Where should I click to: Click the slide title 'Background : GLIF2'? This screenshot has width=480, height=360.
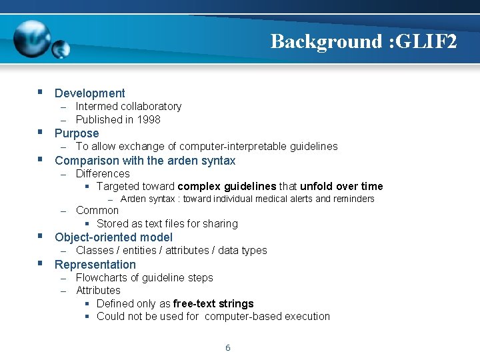[x=364, y=41]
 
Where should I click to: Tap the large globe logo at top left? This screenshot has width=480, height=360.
[x=31, y=39]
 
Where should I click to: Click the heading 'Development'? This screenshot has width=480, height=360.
[x=89, y=93]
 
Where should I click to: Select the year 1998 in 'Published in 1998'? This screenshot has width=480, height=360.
[x=148, y=120]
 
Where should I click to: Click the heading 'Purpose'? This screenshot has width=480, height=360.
[x=77, y=133]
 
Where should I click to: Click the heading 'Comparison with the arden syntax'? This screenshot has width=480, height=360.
[x=145, y=161]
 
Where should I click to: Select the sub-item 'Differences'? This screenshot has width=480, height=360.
[x=103, y=174]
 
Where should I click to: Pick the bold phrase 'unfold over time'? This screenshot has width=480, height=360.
[x=341, y=187]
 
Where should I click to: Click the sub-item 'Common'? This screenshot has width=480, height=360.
[x=97, y=211]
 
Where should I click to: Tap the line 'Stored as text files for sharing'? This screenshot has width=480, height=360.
[x=167, y=224]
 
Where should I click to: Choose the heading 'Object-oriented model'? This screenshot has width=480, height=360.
[x=113, y=237]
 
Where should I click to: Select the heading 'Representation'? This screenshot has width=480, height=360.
[x=95, y=265]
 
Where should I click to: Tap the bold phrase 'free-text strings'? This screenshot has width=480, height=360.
[x=213, y=304]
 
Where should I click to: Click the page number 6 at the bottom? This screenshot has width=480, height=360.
[x=227, y=348]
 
